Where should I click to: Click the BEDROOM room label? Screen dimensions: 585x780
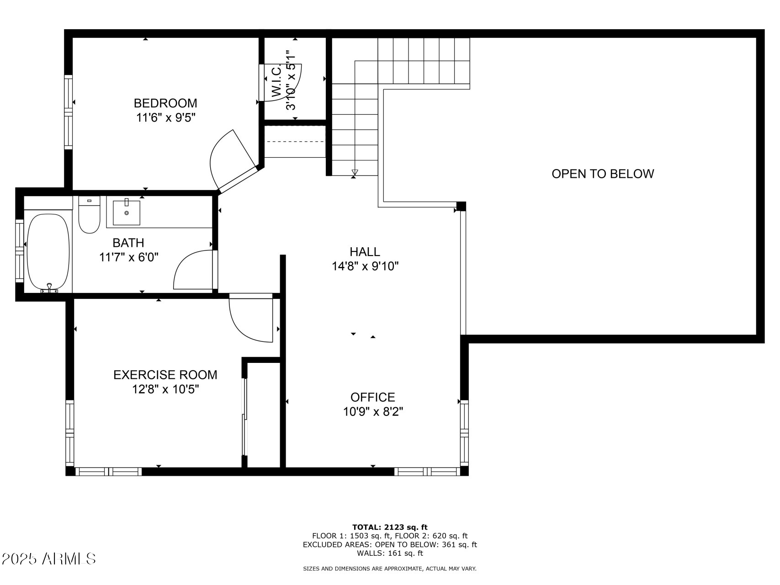pos(165,103)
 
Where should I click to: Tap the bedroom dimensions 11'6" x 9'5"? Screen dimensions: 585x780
pos(165,118)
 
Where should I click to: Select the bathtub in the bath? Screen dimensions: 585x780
pos(48,252)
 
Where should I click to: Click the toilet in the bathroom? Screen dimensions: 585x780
pos(89,216)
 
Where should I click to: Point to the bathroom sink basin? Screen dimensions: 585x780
pos(127,213)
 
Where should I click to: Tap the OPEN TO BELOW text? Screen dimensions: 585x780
pos(602,174)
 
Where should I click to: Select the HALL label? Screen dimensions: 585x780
pos(365,251)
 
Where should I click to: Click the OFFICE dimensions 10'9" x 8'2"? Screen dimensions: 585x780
pos(373,412)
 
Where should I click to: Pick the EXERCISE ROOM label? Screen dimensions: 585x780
pos(165,375)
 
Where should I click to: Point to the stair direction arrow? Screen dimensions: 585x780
pos(355,172)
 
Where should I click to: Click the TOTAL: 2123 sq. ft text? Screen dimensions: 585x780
pos(390,527)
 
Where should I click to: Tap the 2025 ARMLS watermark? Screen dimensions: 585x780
pos(49,558)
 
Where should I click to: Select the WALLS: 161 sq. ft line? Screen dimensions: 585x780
pos(390,553)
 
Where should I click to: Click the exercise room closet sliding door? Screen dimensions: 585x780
pos(244,416)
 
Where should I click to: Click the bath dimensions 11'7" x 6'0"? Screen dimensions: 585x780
pos(129,257)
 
